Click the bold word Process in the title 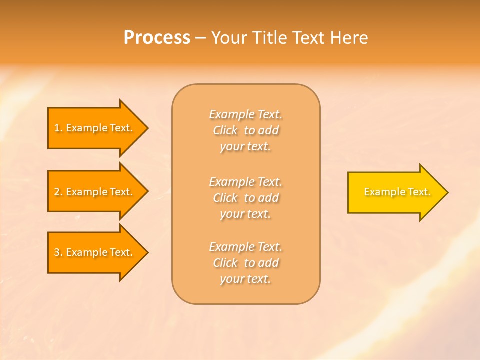click(157, 38)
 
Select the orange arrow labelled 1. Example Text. click(95, 128)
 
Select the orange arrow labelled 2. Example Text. click(95, 192)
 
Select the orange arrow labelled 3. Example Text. click(95, 252)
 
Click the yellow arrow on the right click(395, 192)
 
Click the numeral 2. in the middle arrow click(58, 192)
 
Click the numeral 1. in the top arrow click(58, 128)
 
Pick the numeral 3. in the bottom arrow click(58, 252)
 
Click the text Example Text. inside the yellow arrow click(397, 192)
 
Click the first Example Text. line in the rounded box click(245, 114)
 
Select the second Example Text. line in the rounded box click(245, 181)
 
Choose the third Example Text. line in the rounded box click(245, 247)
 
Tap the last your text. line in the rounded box click(245, 279)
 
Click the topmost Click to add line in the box click(245, 130)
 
